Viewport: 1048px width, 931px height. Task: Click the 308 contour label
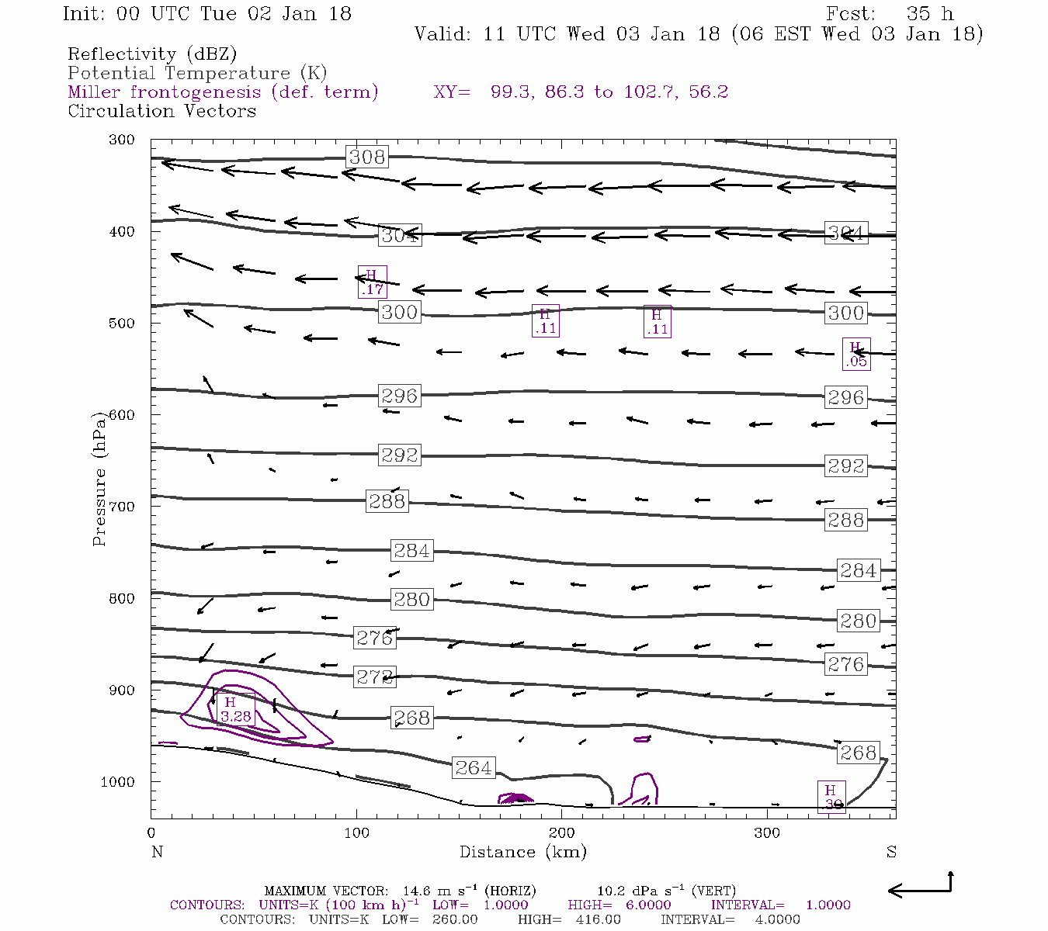[367, 157]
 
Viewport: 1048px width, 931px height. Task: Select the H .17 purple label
[372, 282]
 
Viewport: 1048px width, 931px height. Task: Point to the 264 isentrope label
[474, 767]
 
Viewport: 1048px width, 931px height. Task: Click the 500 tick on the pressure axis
[122, 324]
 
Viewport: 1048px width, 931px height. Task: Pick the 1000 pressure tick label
[118, 782]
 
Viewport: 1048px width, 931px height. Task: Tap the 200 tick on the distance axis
[561, 833]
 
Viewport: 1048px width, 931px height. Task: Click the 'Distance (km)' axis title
[522, 852]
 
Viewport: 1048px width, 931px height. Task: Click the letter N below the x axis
[157, 852]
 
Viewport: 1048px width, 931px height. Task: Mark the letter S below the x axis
[891, 852]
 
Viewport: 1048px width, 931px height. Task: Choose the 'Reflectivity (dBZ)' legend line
[152, 54]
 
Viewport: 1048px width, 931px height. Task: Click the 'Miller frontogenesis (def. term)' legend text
[223, 92]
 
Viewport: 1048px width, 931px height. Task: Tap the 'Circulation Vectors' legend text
[161, 111]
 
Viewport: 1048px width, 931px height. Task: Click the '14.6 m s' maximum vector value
[439, 891]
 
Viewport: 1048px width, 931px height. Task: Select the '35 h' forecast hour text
[929, 14]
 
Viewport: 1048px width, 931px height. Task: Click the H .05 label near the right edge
[856, 354]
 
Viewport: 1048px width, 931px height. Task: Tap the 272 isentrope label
[375, 676]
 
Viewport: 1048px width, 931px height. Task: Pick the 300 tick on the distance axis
[767, 833]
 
